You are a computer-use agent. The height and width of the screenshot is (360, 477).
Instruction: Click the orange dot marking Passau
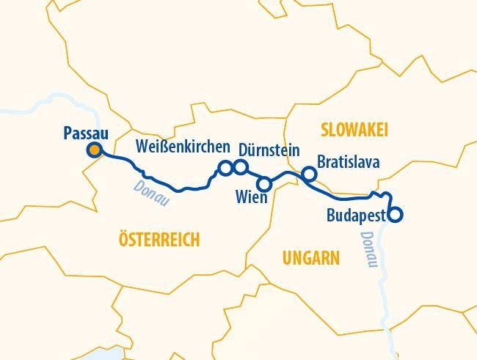click(94, 151)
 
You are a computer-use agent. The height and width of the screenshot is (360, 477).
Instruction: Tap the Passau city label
click(87, 133)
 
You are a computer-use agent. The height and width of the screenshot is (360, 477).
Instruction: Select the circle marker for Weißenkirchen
click(225, 168)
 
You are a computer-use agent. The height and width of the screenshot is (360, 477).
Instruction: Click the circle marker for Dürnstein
click(240, 168)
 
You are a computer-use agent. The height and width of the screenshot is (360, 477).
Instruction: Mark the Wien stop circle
click(265, 183)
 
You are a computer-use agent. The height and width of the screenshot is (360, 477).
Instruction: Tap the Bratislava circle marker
click(309, 174)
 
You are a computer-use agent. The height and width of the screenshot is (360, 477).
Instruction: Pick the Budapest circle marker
click(395, 216)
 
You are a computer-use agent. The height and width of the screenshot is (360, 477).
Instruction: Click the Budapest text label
click(357, 216)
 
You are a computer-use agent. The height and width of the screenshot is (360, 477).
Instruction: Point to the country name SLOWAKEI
click(354, 130)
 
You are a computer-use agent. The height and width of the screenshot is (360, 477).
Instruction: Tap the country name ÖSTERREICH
click(159, 240)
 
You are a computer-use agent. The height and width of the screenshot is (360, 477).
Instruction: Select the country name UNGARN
click(310, 258)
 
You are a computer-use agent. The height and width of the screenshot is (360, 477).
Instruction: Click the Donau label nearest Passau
click(151, 194)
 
